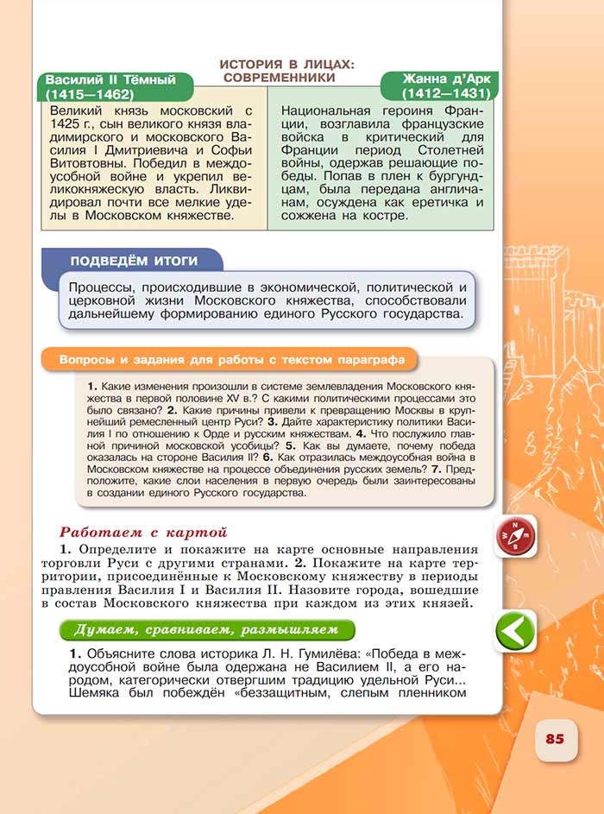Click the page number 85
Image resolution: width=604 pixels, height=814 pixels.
pos(554,739)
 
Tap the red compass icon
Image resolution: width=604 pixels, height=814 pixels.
pos(516,536)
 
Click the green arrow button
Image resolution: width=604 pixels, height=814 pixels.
pos(515,632)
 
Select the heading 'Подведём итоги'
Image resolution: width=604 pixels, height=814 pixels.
pos(134,261)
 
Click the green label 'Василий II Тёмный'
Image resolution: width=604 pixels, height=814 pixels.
pos(110,79)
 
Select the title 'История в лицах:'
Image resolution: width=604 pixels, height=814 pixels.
pos(287,64)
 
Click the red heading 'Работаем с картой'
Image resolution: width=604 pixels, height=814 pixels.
pos(142,533)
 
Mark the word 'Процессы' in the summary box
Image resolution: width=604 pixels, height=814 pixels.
pos(103,287)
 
